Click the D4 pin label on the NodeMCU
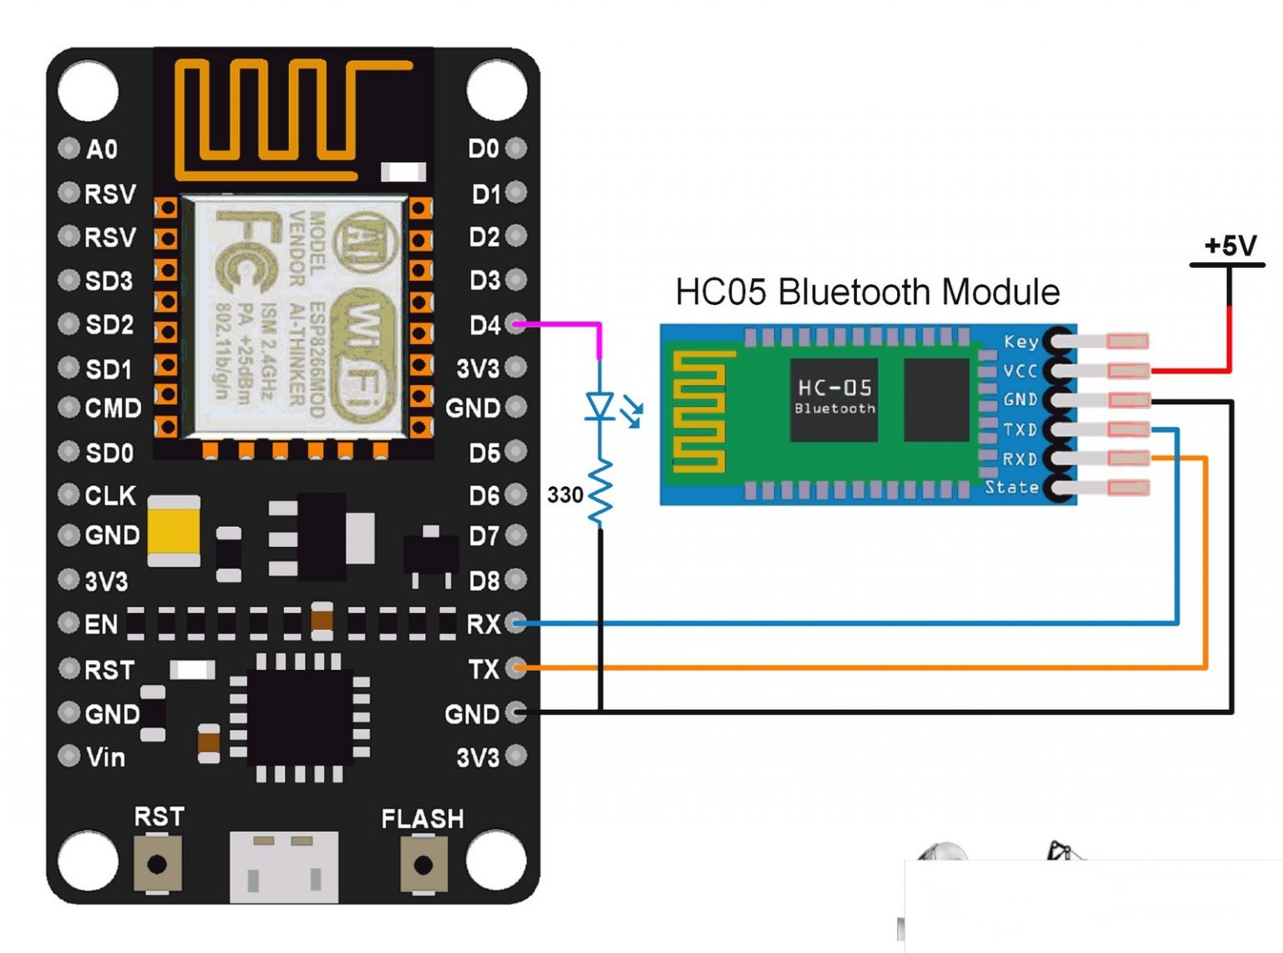tap(484, 325)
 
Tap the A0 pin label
tap(102, 150)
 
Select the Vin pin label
tap(105, 757)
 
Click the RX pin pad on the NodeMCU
tap(517, 622)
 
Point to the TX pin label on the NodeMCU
tap(484, 669)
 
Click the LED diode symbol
tap(600, 407)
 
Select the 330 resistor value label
tap(565, 494)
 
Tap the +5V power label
tap(1230, 246)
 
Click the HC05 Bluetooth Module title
tap(867, 292)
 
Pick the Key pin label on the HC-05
tap(1021, 342)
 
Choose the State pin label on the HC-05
tap(1012, 487)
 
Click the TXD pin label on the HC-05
tap(1020, 429)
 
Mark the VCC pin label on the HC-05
tap(1020, 371)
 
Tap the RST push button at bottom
tap(157, 864)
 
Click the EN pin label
tap(101, 624)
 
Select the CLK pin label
tap(110, 495)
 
